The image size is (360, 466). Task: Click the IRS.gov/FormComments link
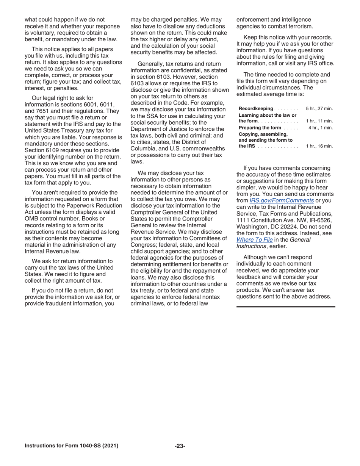pos(282,200)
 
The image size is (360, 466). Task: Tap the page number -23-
pos(180,446)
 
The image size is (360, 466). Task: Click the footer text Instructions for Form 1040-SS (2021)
pos(71,446)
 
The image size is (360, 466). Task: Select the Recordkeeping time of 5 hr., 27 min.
pos(319,109)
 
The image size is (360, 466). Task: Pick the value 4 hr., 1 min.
pos(320,128)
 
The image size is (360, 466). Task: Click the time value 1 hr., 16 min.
pos(319,146)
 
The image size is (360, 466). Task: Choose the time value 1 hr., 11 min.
pos(319,121)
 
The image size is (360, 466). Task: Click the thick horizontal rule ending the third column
pos(286,306)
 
